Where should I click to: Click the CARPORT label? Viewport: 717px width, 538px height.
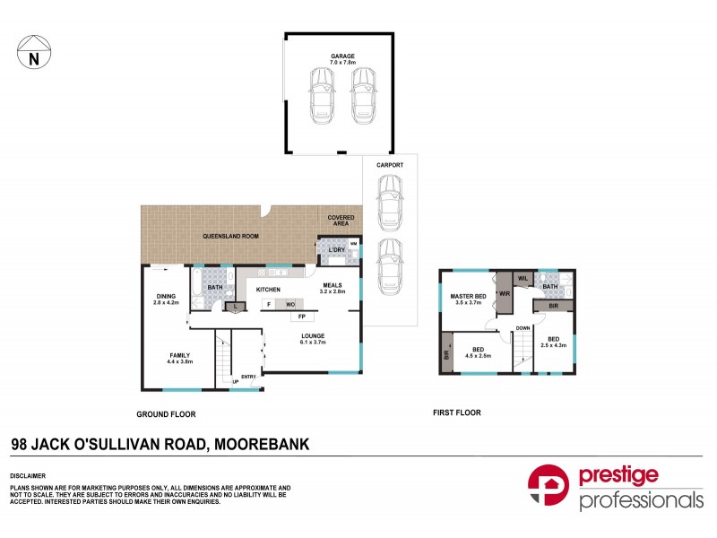[390, 165]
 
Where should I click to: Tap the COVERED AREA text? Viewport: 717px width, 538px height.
[341, 221]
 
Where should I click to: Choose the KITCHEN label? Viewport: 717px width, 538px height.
[269, 290]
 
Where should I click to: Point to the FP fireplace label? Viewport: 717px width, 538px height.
[301, 317]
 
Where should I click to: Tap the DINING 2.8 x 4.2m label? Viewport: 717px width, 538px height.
[167, 299]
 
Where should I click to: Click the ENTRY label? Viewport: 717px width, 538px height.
[247, 377]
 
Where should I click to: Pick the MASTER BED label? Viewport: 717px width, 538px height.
[468, 299]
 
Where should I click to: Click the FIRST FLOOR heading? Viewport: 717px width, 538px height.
[456, 413]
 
